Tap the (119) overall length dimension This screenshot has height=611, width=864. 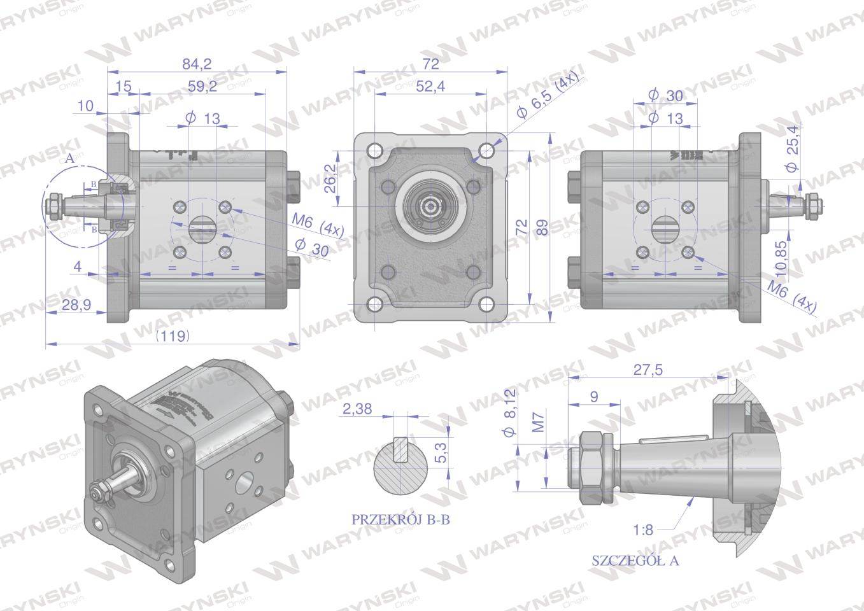click(x=173, y=336)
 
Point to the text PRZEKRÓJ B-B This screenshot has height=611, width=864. click(x=400, y=519)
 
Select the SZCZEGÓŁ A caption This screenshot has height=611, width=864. click(x=635, y=561)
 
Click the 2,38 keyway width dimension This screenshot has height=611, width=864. click(x=357, y=409)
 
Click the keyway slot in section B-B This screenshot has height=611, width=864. click(x=401, y=449)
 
